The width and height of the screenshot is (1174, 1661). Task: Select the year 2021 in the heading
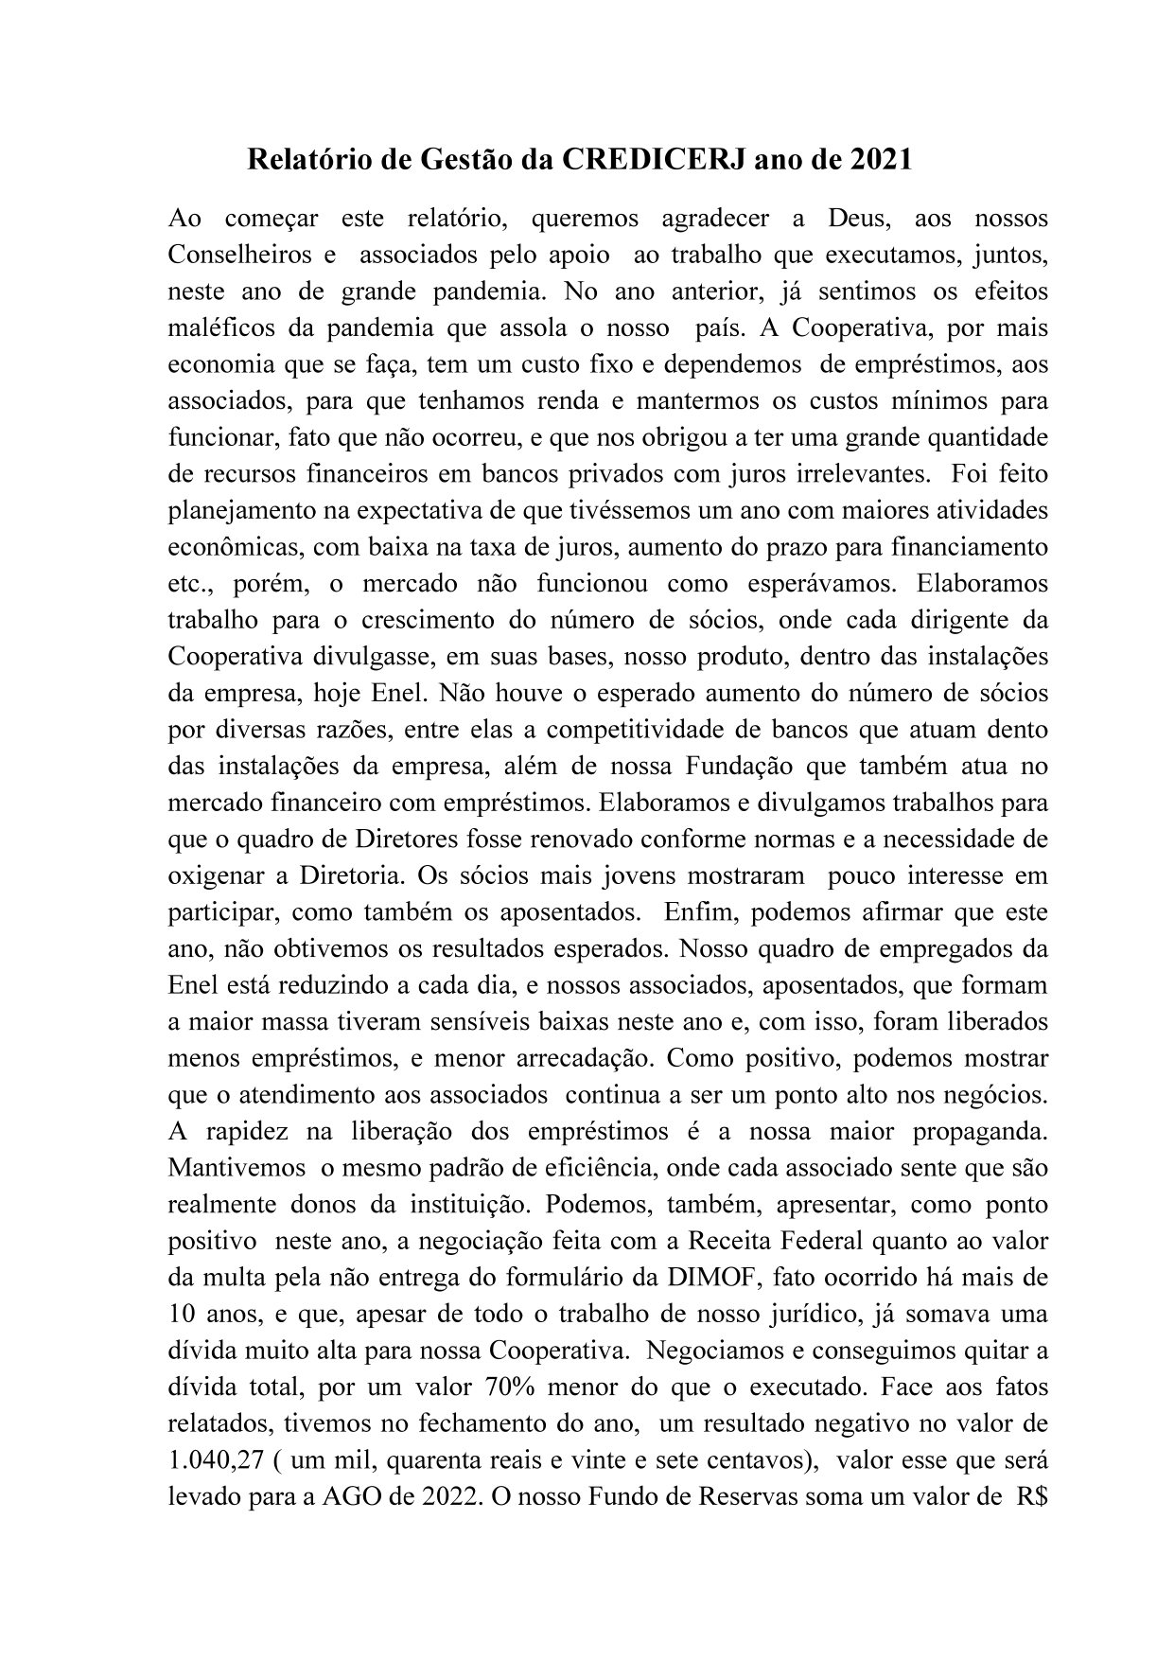click(880, 160)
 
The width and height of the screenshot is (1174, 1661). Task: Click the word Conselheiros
click(240, 256)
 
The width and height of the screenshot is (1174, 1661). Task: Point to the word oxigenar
click(213, 875)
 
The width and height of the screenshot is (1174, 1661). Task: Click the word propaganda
click(980, 1131)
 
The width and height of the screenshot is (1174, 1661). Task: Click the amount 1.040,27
click(214, 1460)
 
